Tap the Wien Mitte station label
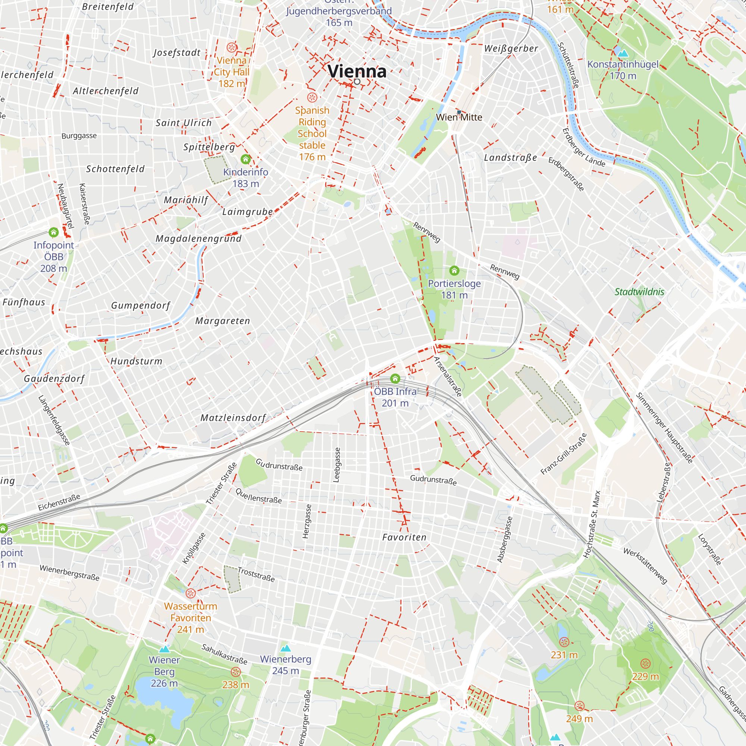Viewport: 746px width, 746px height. [x=459, y=117]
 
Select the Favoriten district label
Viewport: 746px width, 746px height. [x=404, y=537]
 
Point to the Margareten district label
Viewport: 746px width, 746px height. [x=223, y=321]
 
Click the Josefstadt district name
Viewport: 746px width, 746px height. [x=177, y=53]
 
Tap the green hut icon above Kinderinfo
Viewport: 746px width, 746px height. [x=245, y=159]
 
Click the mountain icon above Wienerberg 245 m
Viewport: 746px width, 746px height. [x=285, y=648]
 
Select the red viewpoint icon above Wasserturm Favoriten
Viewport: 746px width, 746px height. [x=191, y=593]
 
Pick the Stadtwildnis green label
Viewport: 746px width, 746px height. [x=639, y=292]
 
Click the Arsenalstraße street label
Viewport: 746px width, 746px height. [x=448, y=376]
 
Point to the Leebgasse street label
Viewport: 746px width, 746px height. [x=337, y=465]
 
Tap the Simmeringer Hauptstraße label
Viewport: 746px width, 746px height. [x=664, y=428]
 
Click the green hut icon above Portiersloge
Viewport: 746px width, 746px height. [x=454, y=270]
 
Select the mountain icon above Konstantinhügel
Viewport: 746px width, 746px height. [x=623, y=53]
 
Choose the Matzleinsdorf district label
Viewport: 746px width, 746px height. [x=233, y=418]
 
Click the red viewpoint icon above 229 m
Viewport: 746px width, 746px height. [x=645, y=663]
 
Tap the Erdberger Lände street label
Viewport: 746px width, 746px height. [x=583, y=147]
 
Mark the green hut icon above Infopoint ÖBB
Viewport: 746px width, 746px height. [x=54, y=232]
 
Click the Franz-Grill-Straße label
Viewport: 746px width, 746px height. [x=563, y=454]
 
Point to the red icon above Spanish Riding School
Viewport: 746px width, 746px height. [x=312, y=97]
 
